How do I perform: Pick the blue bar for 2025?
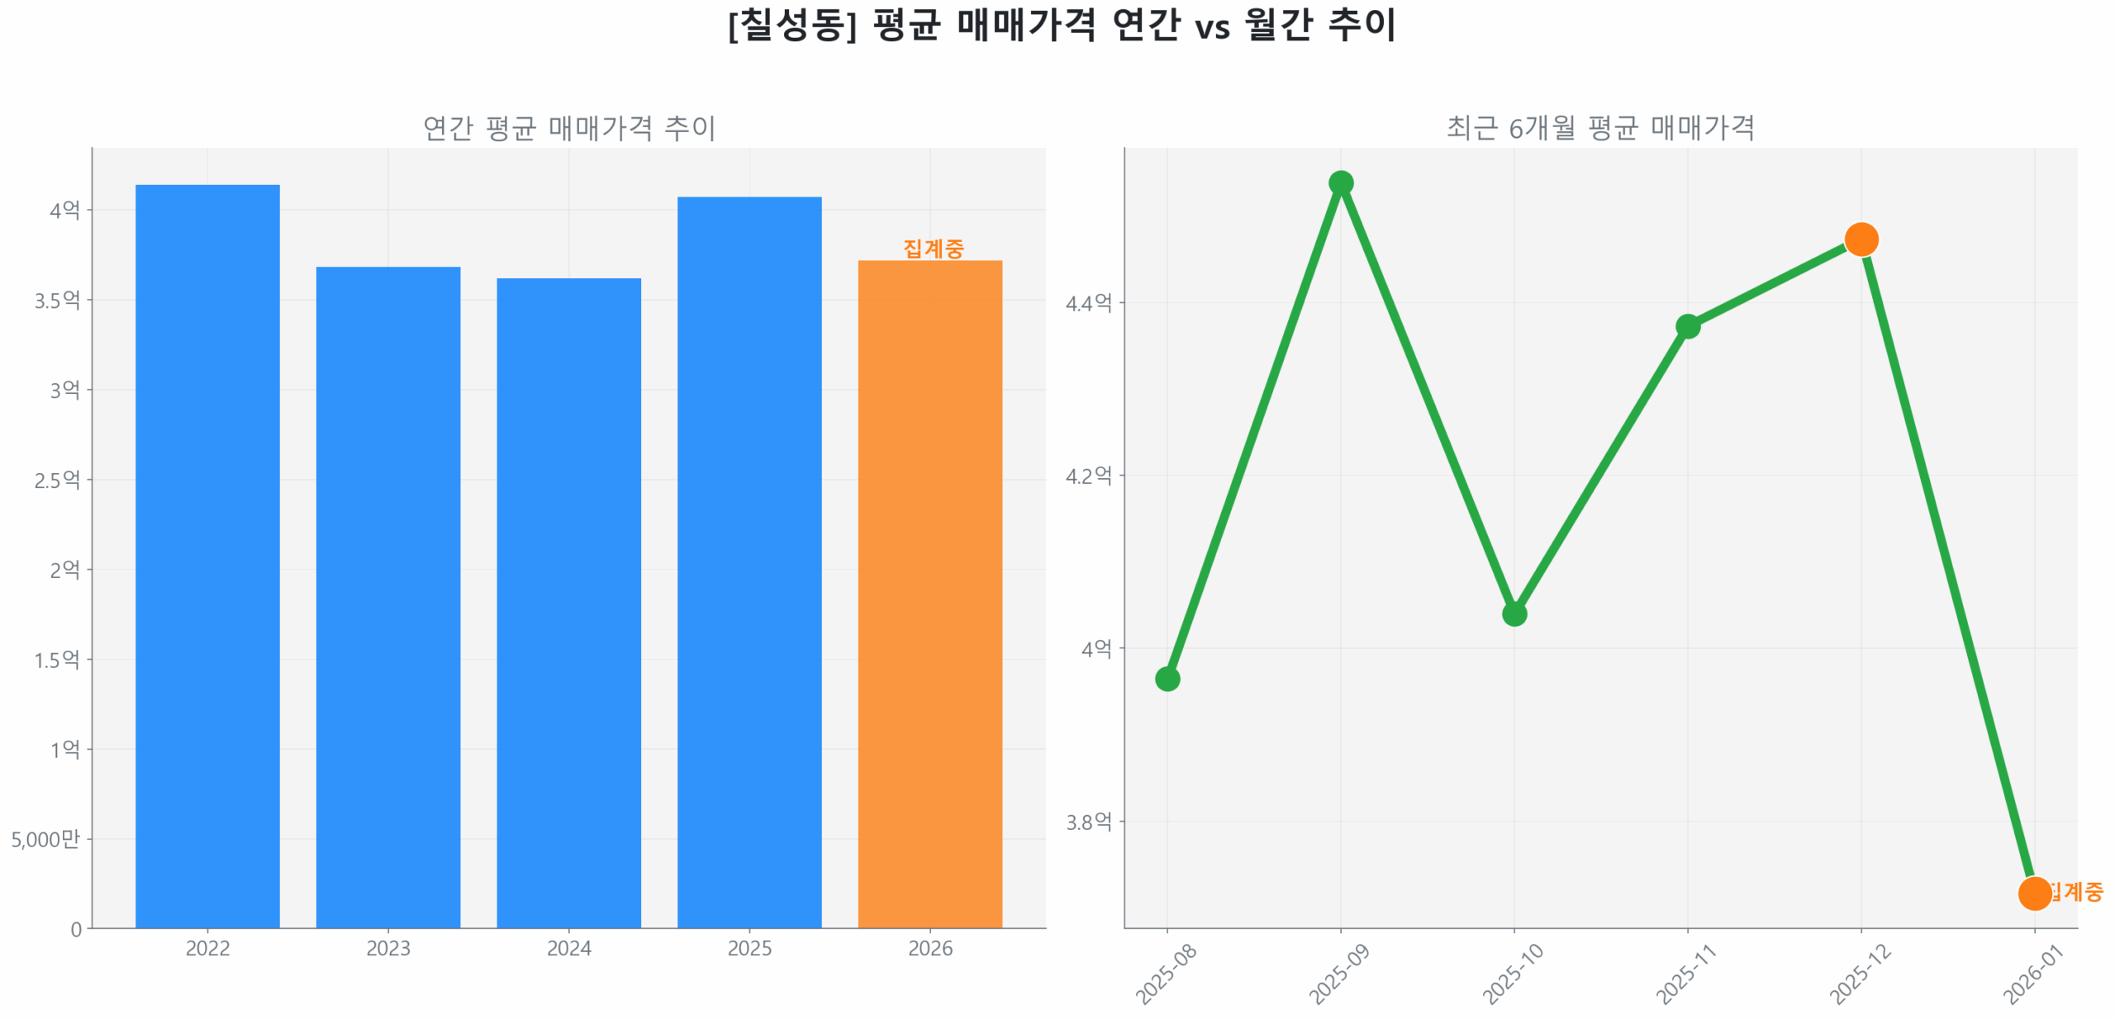(749, 562)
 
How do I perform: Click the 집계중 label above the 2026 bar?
(933, 248)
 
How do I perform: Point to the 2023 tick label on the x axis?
(387, 948)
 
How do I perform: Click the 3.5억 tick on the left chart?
(57, 300)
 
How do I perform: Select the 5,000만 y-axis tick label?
(45, 839)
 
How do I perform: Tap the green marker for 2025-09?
(1340, 182)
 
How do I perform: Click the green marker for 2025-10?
(1514, 614)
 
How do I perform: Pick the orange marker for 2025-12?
(1861, 239)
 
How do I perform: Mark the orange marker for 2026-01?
(2033, 893)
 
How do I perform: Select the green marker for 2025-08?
(1167, 679)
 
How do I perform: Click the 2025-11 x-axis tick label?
(1685, 974)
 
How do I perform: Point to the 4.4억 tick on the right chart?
(1088, 303)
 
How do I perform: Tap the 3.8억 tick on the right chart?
(1088, 822)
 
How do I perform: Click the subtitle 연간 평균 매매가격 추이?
(568, 128)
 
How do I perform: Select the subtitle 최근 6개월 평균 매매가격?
(1599, 128)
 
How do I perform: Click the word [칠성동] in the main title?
(791, 25)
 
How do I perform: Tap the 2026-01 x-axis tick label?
(2032, 974)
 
